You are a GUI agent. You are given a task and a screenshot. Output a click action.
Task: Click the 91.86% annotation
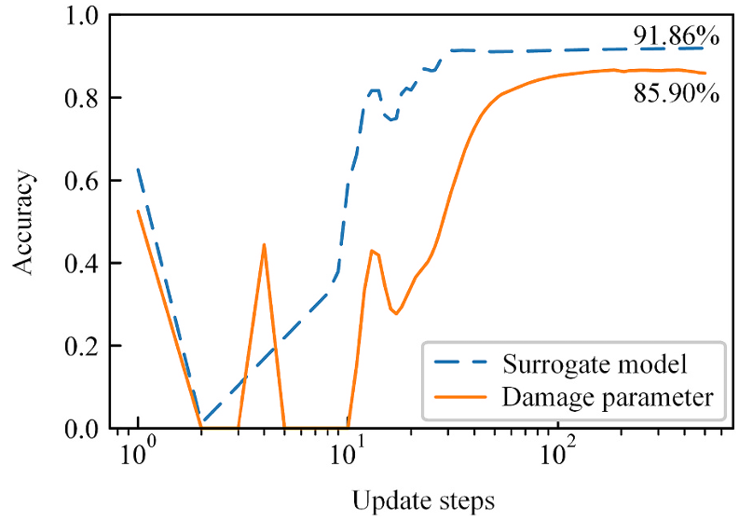(x=677, y=36)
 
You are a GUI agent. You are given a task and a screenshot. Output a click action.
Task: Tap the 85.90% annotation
(x=677, y=93)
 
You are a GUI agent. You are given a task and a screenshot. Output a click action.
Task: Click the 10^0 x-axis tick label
(x=138, y=456)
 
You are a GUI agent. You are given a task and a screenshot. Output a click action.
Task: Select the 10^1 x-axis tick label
(x=348, y=456)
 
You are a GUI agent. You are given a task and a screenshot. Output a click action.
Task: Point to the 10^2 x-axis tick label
(x=557, y=456)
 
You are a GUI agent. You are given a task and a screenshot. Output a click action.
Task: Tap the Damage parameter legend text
(x=608, y=398)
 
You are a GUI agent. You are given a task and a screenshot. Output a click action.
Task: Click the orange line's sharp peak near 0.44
(x=265, y=245)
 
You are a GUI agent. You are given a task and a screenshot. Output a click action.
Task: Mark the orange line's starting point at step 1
(x=138, y=211)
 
